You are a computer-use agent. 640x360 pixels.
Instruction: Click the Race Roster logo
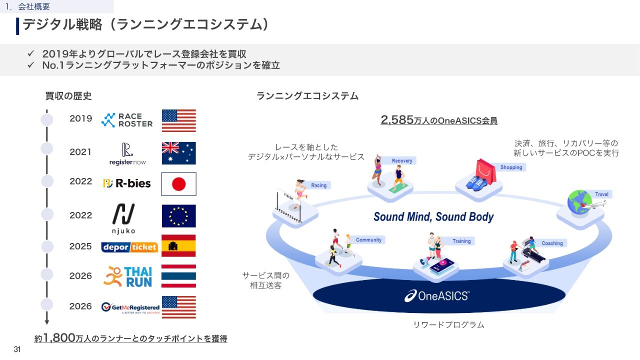pyautogui.click(x=127, y=120)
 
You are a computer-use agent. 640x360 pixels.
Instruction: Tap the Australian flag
pyautogui.click(x=179, y=153)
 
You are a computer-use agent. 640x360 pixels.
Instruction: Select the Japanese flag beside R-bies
pyautogui.click(x=179, y=184)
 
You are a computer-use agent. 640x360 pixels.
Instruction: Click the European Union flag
pyautogui.click(x=179, y=216)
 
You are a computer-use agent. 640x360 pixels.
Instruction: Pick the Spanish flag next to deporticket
pyautogui.click(x=178, y=245)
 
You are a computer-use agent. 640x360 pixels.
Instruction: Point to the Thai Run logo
pyautogui.click(x=127, y=276)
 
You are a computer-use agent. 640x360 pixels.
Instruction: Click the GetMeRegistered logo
pyautogui.click(x=130, y=307)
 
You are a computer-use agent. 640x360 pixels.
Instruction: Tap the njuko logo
pyautogui.click(x=123, y=218)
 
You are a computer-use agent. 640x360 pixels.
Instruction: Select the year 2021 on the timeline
pyautogui.click(x=80, y=152)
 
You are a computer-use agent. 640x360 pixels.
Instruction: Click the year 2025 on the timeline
pyautogui.click(x=80, y=246)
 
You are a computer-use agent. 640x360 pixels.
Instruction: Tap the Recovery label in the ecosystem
pyautogui.click(x=402, y=161)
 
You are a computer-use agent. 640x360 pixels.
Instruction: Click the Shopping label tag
pyautogui.click(x=511, y=167)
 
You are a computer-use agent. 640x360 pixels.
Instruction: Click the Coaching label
pyautogui.click(x=552, y=243)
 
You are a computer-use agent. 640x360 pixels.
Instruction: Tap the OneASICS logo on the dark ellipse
pyautogui.click(x=437, y=296)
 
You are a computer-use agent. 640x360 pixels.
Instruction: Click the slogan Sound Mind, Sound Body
pyautogui.click(x=433, y=217)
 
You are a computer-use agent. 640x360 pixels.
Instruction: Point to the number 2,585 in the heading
pyautogui.click(x=397, y=120)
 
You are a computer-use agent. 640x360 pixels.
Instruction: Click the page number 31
pyautogui.click(x=17, y=349)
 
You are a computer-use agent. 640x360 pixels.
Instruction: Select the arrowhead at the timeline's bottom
pyautogui.click(x=47, y=322)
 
